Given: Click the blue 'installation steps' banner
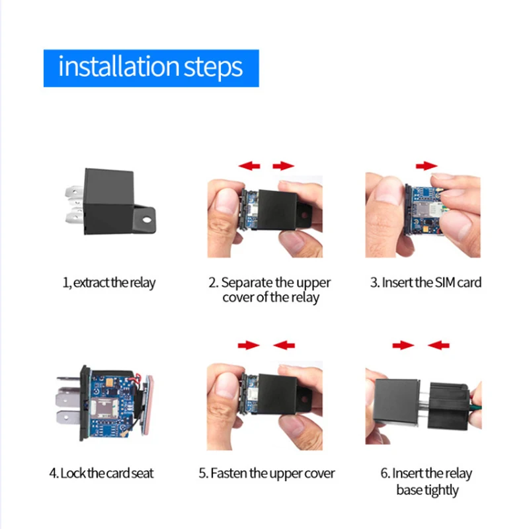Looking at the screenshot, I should (x=151, y=67).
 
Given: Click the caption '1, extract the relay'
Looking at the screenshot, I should (x=109, y=283).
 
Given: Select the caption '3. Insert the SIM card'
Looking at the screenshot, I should (x=425, y=283).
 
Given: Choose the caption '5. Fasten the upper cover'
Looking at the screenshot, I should (x=266, y=473).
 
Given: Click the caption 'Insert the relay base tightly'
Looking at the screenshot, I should (x=427, y=481).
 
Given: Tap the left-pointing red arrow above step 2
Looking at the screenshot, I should (x=249, y=166).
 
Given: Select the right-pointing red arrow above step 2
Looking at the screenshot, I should (x=284, y=166).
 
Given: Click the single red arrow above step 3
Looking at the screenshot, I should (x=427, y=165).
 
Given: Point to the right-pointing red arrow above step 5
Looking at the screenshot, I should (x=249, y=345).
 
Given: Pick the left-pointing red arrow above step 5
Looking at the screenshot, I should (x=284, y=345).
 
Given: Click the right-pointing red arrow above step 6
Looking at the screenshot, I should (x=403, y=345).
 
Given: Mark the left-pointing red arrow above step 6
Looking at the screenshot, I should (x=438, y=345).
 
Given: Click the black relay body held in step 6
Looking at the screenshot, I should (x=397, y=404).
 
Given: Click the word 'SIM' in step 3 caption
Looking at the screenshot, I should (x=444, y=283).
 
